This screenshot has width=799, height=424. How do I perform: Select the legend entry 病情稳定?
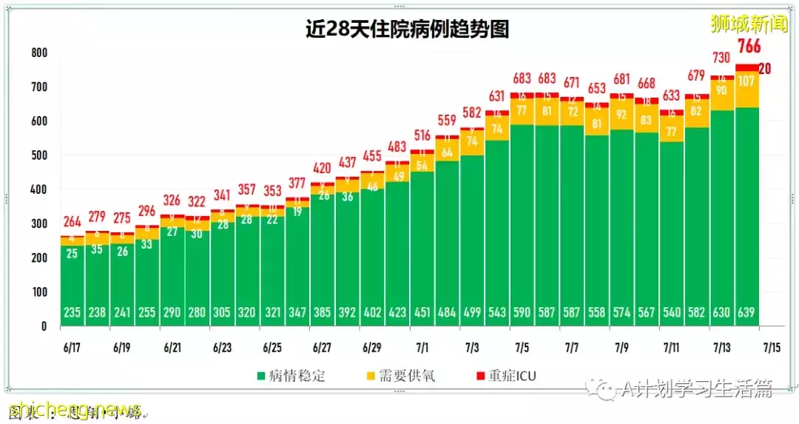click(x=291, y=376)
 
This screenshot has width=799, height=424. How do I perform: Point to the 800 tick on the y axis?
click(x=39, y=53)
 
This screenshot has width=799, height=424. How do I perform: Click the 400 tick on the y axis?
click(x=39, y=190)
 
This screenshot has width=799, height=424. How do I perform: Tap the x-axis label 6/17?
click(x=73, y=347)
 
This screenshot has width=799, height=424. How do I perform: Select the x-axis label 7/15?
click(x=772, y=347)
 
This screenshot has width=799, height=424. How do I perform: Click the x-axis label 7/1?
click(x=422, y=347)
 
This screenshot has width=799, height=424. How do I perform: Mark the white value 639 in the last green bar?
click(x=747, y=312)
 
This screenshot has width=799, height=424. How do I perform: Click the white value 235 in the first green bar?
click(x=73, y=312)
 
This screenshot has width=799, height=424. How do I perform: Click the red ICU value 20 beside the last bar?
click(x=765, y=69)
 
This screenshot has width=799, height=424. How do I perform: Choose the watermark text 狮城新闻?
click(x=749, y=23)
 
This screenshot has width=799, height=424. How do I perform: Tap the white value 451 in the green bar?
click(x=422, y=312)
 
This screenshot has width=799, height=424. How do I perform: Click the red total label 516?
click(x=422, y=135)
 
